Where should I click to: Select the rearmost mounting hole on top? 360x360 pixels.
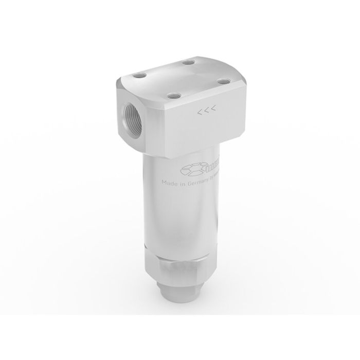(189, 63)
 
